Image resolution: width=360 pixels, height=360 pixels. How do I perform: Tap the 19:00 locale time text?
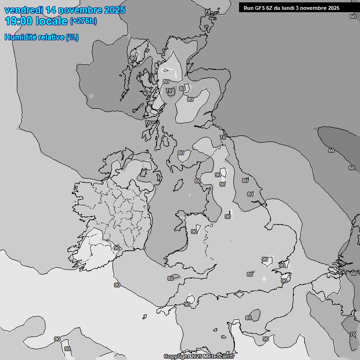pyautogui.click(x=36, y=21)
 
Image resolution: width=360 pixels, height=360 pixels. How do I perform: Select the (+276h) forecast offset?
pyautogui.click(x=83, y=21)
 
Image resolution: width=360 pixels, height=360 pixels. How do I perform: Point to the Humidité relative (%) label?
pyautogui.click(x=41, y=37)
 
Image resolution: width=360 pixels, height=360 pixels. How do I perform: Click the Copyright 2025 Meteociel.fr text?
pyautogui.click(x=199, y=356)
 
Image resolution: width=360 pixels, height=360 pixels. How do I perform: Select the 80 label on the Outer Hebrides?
pyautogui.click(x=133, y=59)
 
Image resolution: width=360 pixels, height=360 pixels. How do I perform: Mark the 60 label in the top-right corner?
pyautogui.click(x=352, y=16)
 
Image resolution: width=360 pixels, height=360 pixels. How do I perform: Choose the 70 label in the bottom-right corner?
pyautogui.click(x=352, y=334)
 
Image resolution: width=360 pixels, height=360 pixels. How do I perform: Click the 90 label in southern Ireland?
pyautogui.click(x=117, y=248)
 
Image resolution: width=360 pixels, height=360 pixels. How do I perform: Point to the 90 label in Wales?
pyautogui.click(x=194, y=232)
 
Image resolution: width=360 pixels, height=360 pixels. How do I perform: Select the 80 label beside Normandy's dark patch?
pyautogui.click(x=248, y=318)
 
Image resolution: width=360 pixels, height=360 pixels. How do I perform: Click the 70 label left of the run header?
pyautogui.click(x=208, y=12)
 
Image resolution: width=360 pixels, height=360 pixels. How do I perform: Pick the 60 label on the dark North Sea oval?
pyautogui.click(x=331, y=150)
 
